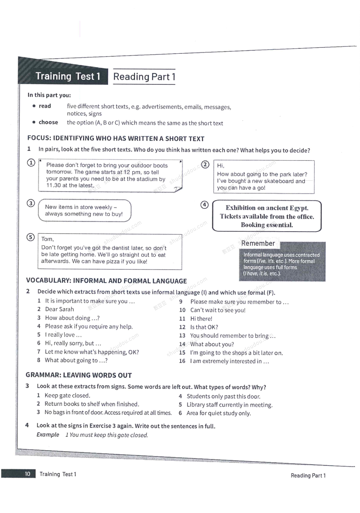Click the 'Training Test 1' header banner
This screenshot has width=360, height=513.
click(x=68, y=76)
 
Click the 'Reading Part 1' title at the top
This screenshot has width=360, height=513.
click(x=144, y=77)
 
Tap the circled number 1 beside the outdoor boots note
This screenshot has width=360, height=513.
click(x=31, y=163)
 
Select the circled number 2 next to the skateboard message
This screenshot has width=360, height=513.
click(x=205, y=164)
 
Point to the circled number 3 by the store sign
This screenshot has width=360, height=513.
click(x=31, y=203)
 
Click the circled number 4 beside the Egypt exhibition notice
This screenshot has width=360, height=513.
click(x=204, y=205)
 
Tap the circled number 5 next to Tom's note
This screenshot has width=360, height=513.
click(x=30, y=237)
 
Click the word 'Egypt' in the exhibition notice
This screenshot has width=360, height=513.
click(x=299, y=208)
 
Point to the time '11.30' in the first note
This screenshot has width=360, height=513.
click(x=53, y=185)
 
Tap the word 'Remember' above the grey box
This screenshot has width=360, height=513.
click(x=258, y=243)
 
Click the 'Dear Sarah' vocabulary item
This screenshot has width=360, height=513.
click(x=59, y=309)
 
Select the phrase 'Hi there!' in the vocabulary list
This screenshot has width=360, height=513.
click(x=201, y=319)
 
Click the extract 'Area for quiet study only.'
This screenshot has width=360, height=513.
click(x=218, y=413)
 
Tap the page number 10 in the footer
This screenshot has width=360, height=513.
click(x=27, y=474)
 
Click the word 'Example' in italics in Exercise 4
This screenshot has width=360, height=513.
click(x=48, y=435)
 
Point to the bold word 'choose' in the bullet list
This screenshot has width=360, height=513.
click(x=48, y=122)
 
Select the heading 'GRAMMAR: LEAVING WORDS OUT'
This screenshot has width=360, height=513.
click(x=79, y=375)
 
